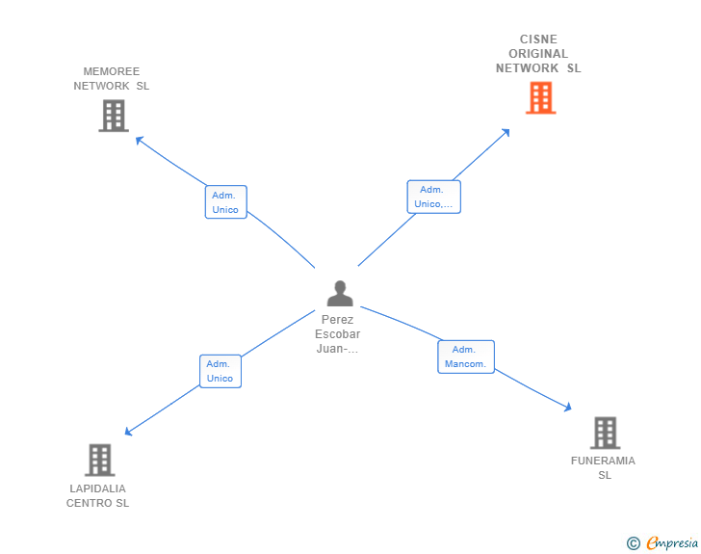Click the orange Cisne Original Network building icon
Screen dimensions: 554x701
pos(540,98)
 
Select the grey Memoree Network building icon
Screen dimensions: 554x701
pos(114,117)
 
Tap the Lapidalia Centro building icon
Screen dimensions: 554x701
pos(99,461)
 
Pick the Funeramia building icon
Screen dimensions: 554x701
pos(604,434)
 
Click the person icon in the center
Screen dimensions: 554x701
pos(339,293)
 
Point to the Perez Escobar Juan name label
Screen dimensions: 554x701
pos(337,334)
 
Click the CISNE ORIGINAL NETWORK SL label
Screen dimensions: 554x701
pos(538,54)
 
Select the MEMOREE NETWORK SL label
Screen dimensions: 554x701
pos(112,79)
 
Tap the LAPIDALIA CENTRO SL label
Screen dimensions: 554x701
pos(97,495)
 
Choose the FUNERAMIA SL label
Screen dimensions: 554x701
pos(603,467)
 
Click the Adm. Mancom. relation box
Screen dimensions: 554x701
pos(466,356)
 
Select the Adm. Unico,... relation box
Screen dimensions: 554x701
pos(433,197)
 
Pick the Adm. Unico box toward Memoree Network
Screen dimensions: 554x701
pos(226,202)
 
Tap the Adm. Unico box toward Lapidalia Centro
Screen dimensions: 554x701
pos(221,371)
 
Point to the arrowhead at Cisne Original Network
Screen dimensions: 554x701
pos(506,131)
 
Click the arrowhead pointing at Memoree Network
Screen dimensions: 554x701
pos(139,139)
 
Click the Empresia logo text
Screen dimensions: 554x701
pos(672,543)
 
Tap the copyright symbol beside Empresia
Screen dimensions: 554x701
pos(634,543)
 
